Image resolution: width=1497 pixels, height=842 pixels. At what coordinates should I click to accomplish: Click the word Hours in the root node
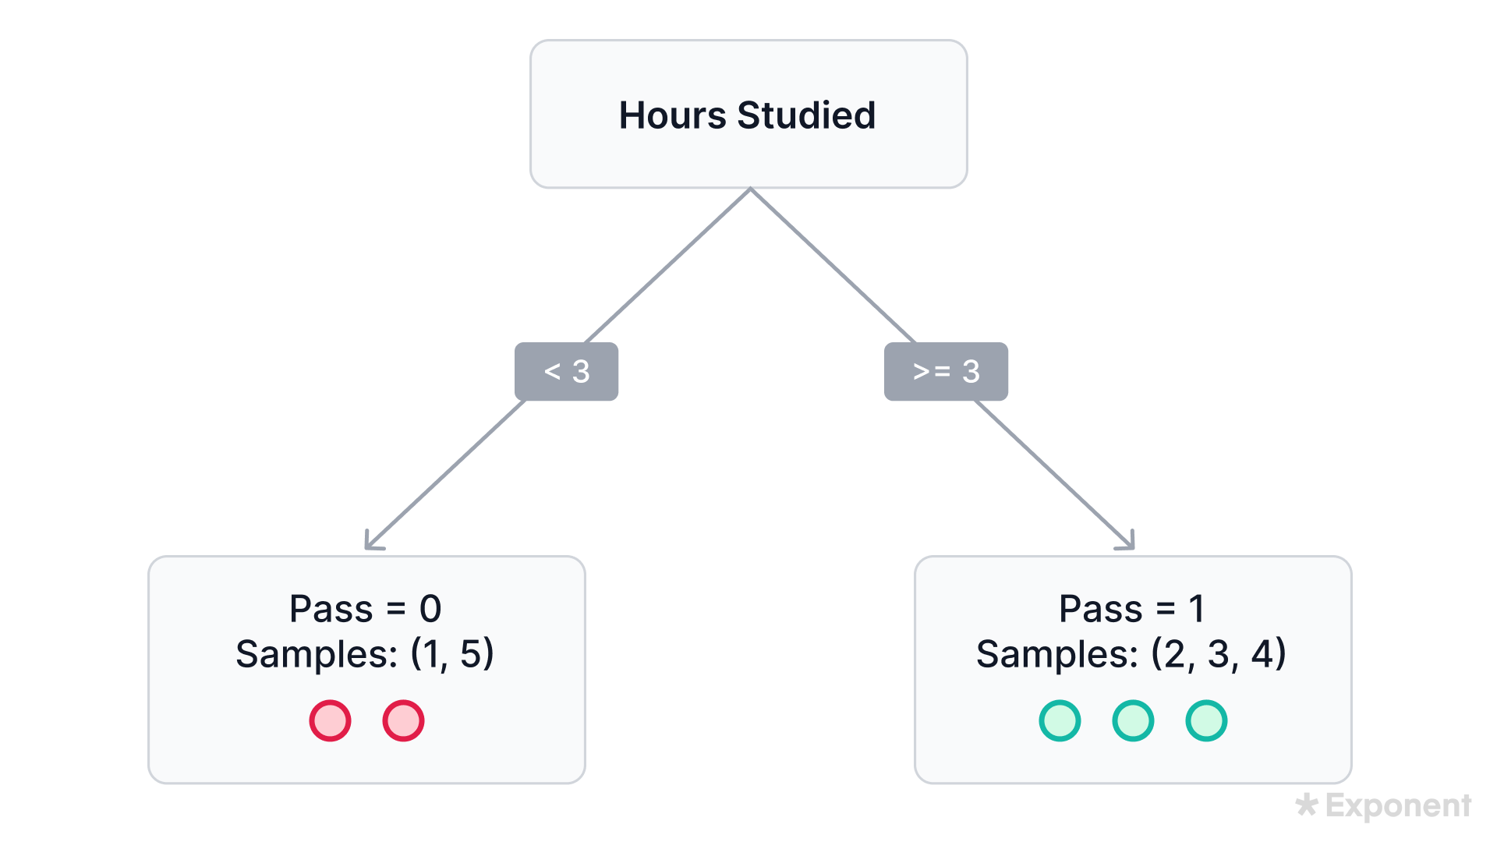[672, 115]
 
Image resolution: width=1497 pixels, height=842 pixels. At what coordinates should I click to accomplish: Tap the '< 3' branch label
[567, 372]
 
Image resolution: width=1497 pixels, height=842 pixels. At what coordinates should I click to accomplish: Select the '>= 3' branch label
[946, 372]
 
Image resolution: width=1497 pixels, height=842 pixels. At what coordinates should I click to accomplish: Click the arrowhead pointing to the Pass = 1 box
[1128, 543]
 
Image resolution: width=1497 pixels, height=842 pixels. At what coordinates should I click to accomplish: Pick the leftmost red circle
[330, 720]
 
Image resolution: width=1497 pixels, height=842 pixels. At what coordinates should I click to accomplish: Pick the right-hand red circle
[403, 720]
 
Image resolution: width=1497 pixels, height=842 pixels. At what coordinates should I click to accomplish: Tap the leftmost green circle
[1060, 720]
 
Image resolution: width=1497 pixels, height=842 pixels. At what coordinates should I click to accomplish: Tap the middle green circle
[1133, 720]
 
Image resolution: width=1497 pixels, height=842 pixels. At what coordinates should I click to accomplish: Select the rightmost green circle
[1206, 720]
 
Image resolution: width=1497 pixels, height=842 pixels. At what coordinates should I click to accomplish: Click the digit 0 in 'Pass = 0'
[430, 609]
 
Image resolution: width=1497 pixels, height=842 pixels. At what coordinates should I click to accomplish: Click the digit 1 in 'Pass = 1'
[1197, 609]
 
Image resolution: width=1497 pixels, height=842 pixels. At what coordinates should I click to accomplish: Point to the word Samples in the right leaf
[1057, 654]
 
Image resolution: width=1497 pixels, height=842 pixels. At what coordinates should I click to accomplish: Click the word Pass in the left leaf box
[331, 609]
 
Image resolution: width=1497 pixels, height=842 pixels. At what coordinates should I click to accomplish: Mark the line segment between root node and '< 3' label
[667, 265]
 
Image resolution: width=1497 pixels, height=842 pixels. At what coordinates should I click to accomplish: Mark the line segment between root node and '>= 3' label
[833, 265]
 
